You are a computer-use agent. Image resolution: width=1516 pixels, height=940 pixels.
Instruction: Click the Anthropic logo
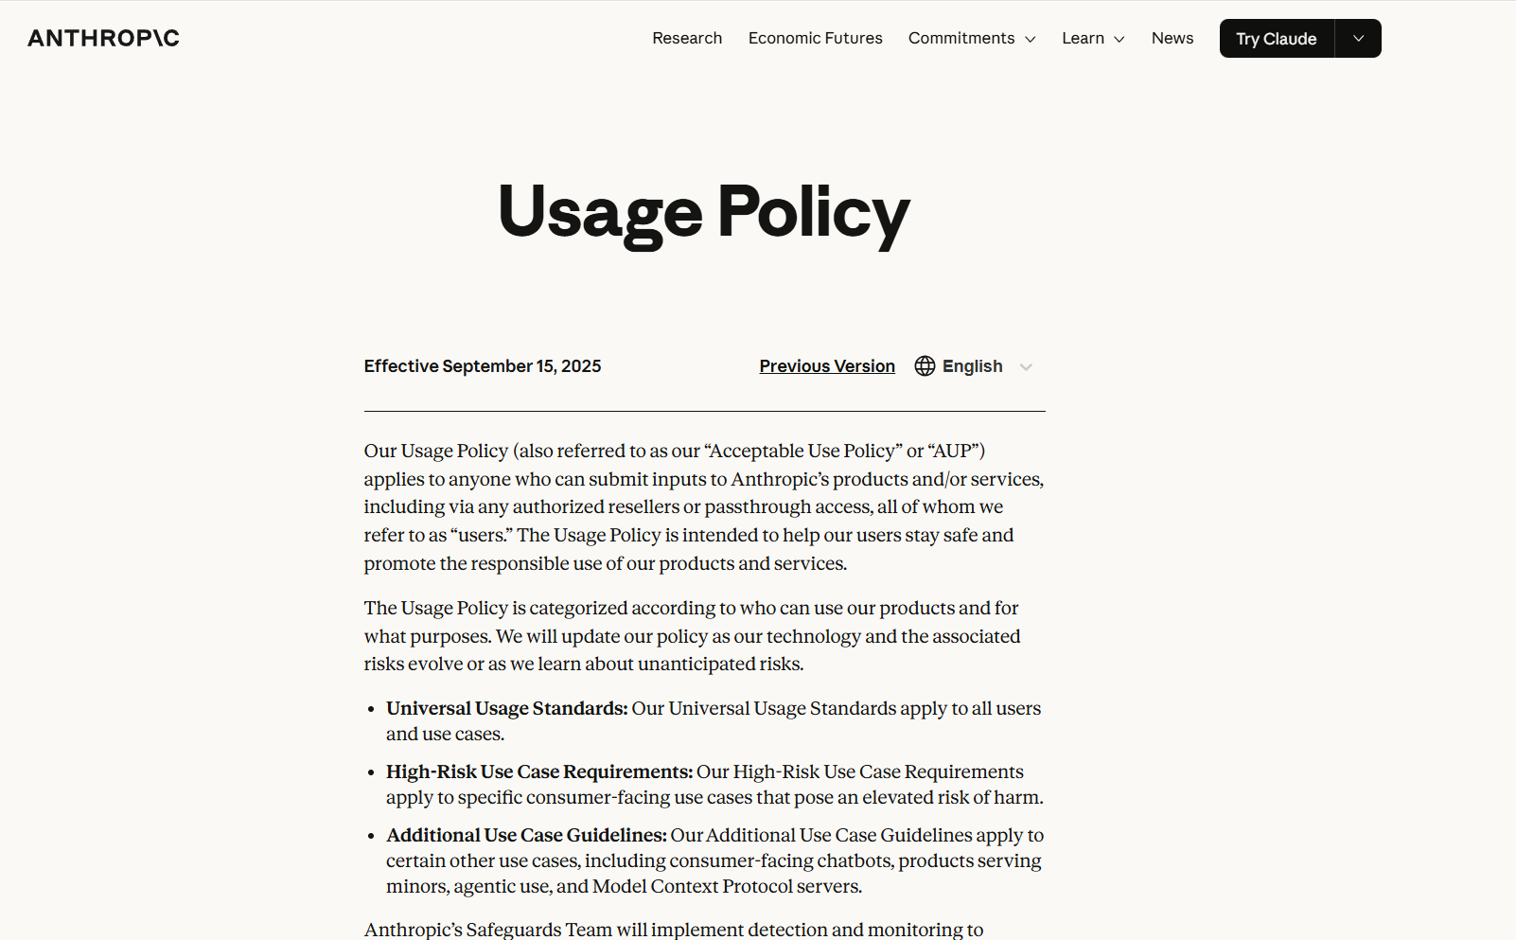coord(103,38)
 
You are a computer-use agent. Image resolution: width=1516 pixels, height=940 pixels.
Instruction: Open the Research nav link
coord(687,38)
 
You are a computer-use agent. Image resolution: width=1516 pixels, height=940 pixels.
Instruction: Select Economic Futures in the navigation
coord(815,38)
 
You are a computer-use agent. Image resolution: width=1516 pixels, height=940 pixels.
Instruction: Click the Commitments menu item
coord(961,38)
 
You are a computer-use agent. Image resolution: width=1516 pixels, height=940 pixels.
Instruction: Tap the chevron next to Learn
coord(1119,39)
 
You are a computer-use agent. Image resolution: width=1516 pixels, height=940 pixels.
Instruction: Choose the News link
coord(1172,38)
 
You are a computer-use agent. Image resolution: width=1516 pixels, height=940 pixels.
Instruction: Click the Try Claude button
coord(1276,39)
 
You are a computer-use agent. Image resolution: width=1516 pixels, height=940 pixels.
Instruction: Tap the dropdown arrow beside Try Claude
coord(1358,39)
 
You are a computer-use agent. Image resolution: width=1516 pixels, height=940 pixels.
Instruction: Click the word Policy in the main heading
coord(813,212)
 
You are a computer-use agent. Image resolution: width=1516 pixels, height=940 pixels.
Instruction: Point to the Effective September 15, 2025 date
coord(483,366)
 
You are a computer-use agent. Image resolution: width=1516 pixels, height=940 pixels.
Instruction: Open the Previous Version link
coord(827,366)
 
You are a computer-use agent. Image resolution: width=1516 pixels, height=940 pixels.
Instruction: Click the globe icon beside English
coord(925,366)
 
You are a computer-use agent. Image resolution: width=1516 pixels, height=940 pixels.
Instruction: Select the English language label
coord(972,366)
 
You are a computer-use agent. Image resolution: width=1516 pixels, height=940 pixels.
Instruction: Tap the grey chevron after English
coord(1026,367)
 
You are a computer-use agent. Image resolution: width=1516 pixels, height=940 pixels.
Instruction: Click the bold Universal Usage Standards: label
coord(506,708)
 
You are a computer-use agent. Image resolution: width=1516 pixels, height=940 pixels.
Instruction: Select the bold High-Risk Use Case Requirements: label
coord(539,772)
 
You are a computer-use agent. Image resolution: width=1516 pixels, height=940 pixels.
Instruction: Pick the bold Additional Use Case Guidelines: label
coord(526,835)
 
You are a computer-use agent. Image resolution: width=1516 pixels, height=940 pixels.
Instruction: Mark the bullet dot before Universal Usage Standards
coord(371,709)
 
